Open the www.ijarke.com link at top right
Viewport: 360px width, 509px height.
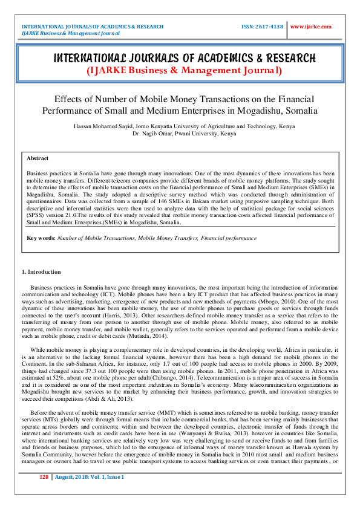tap(311, 27)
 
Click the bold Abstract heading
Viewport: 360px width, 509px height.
tap(38, 158)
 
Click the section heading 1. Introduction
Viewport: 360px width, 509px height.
tap(41, 272)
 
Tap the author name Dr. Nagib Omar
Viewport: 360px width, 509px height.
tap(152, 133)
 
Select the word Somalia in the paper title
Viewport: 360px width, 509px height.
tap(299, 111)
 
